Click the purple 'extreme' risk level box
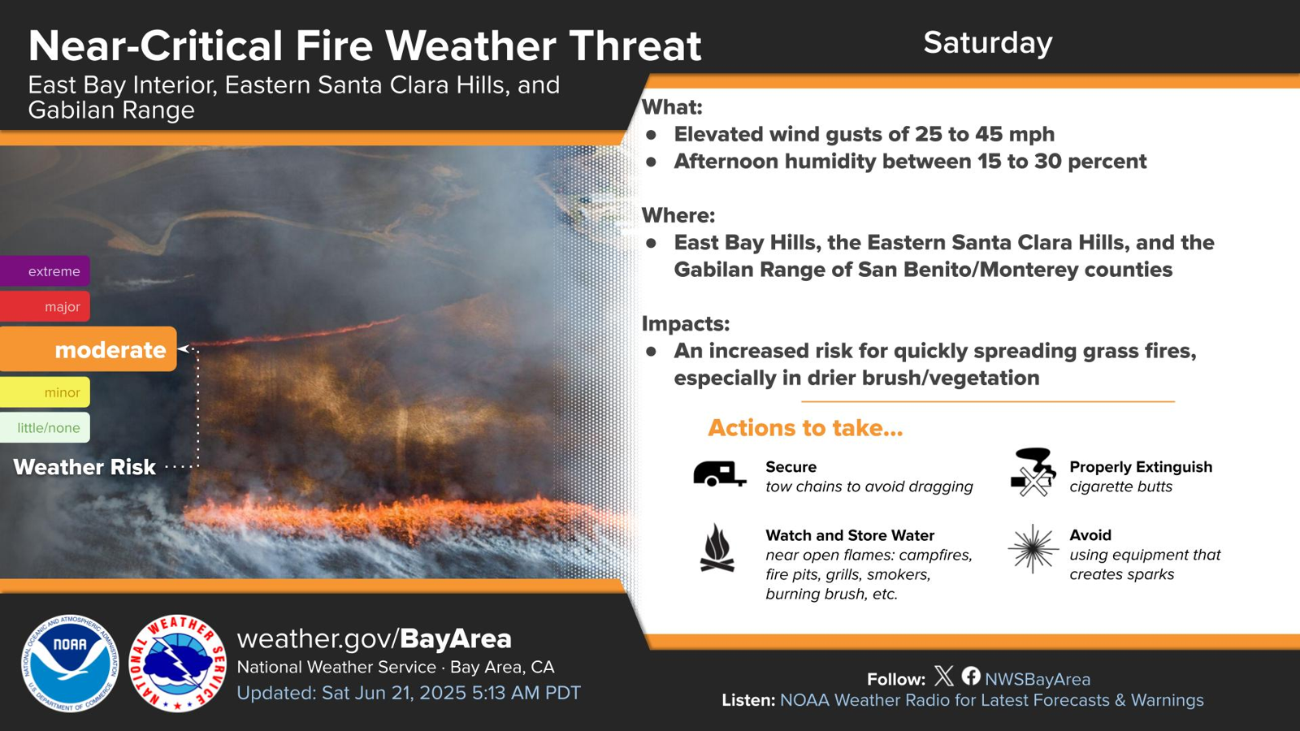point(45,271)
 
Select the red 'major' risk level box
point(45,306)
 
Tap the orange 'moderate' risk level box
point(89,349)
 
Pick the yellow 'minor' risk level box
point(45,392)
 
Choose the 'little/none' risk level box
point(45,427)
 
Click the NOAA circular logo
point(70,663)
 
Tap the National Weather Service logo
point(178,663)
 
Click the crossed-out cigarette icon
point(1032,472)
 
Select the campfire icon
point(717,548)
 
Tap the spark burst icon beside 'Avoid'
point(1033,549)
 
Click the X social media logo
point(944,676)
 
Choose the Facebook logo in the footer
point(971,676)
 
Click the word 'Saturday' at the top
point(988,43)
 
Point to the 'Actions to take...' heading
point(805,428)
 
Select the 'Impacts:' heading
point(686,324)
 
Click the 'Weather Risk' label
point(84,467)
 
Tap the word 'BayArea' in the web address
point(456,638)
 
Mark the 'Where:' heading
point(678,215)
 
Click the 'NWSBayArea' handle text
point(1038,679)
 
